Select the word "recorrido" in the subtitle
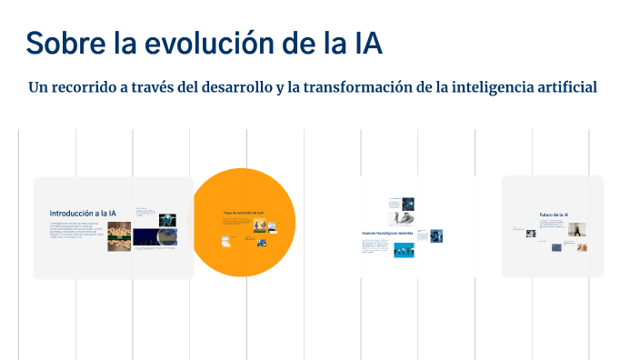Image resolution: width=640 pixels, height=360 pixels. coord(91,88)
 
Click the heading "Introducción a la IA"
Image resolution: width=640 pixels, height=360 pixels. coord(83,213)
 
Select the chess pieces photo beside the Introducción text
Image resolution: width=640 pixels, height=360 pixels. coord(119,236)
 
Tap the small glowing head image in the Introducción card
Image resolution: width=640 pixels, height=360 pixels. coord(167,218)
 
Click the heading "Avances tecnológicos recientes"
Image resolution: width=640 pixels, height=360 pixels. coord(387,234)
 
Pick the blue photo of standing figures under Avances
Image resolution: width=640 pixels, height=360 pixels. coord(404,249)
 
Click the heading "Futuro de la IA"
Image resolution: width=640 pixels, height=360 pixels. coord(553,215)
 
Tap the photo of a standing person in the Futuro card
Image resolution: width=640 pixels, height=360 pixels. coord(576,230)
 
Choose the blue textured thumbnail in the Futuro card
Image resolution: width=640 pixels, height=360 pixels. coord(556,246)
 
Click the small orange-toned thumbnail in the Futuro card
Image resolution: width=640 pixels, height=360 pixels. coord(581,246)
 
